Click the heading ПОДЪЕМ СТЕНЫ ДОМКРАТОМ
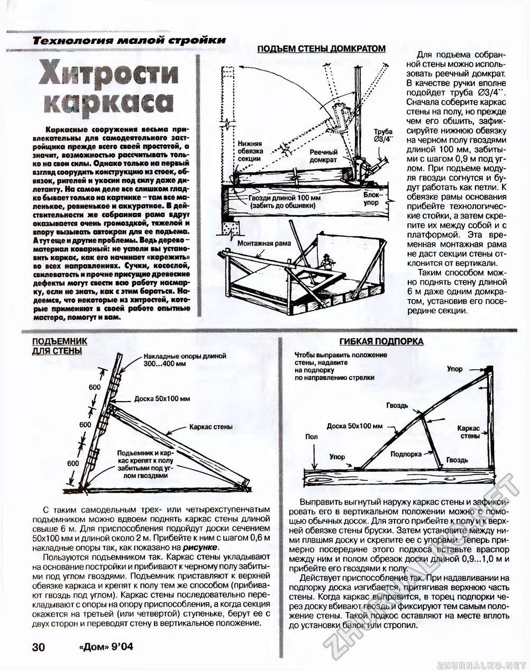click(x=321, y=49)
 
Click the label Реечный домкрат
click(x=323, y=156)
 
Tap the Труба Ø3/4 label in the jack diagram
click(x=384, y=136)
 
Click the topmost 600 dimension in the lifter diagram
click(x=94, y=387)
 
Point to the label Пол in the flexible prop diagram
click(x=312, y=436)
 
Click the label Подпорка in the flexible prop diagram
click(x=406, y=454)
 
